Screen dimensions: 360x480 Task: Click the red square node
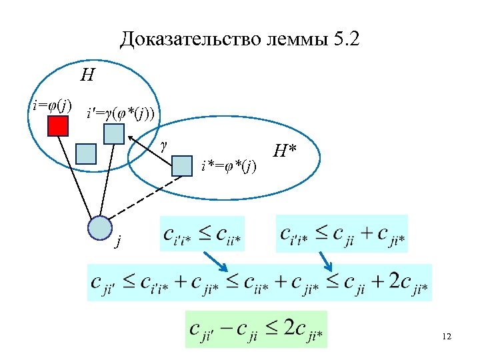pos(58,125)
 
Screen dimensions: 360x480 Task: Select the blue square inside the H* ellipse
pos(181,165)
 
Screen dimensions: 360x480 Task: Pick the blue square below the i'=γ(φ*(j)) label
pos(114,134)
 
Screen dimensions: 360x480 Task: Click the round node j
pos(100,228)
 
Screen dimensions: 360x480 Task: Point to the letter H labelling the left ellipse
pos(87,75)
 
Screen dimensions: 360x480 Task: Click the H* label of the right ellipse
pos(285,151)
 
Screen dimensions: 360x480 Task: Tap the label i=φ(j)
pos(53,105)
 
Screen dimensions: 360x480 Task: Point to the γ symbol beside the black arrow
pos(164,143)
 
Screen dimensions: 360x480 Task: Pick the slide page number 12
pos(446,337)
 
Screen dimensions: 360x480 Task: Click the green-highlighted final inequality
pos(256,329)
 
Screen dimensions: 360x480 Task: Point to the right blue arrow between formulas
pos(326,260)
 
